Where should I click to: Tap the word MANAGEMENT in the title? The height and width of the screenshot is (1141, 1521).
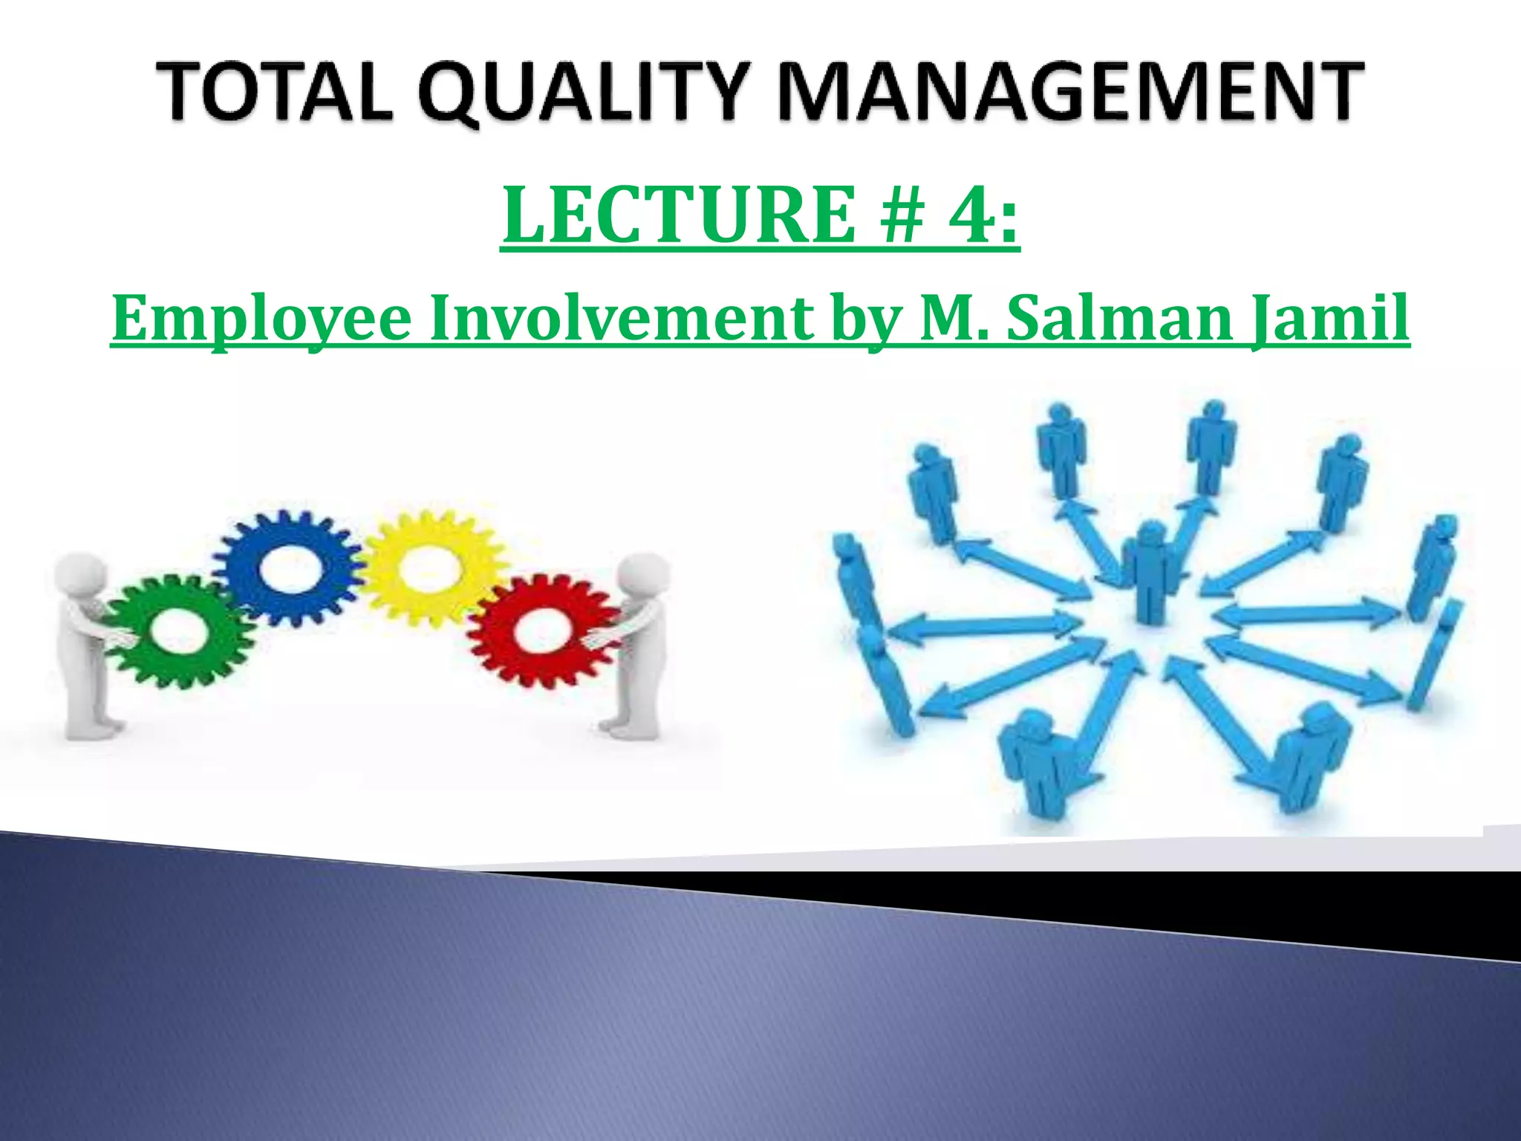[x=1069, y=92]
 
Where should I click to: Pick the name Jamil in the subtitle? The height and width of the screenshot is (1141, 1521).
[x=1329, y=318]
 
